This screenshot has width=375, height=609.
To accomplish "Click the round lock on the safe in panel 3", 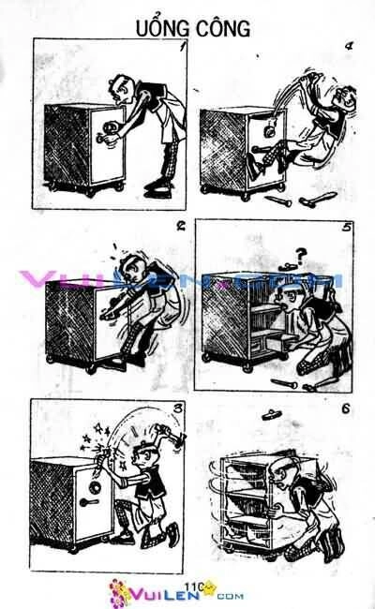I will coord(94,487).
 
